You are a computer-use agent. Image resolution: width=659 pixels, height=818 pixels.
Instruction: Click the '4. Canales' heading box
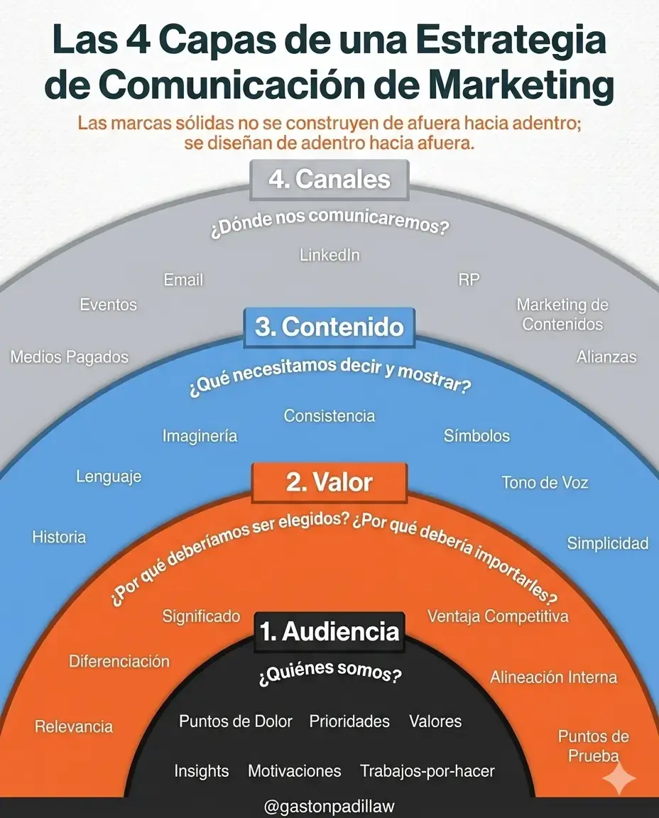click(329, 180)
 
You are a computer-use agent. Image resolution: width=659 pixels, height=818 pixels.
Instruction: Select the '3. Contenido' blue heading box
click(329, 327)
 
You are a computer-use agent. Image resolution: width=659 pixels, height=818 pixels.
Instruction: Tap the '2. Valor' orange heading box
click(329, 483)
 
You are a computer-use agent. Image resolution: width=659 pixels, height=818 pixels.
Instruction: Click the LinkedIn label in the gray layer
click(329, 255)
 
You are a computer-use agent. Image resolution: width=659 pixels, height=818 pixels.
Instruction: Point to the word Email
click(183, 280)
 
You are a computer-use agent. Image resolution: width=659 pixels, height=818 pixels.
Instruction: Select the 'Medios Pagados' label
click(70, 356)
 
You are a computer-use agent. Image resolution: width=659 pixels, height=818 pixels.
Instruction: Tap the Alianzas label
click(606, 356)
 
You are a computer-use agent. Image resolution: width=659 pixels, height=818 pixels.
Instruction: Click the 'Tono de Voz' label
click(545, 483)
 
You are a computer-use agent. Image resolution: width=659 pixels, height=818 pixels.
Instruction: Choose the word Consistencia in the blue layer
click(329, 415)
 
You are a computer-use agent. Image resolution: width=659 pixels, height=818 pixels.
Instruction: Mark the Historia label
click(59, 537)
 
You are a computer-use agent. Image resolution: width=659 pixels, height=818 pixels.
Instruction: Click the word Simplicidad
click(607, 543)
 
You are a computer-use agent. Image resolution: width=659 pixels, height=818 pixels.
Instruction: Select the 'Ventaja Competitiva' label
click(498, 616)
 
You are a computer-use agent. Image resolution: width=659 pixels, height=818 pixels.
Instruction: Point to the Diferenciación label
click(119, 661)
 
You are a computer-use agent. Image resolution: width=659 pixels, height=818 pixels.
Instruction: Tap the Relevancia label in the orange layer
click(74, 726)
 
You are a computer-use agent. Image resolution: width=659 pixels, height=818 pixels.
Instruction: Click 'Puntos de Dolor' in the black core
click(236, 721)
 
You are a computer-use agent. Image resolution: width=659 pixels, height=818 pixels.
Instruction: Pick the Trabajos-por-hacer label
click(427, 770)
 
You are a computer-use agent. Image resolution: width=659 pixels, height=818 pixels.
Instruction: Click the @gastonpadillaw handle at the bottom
click(329, 807)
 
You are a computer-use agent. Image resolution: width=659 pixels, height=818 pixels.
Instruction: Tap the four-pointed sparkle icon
click(618, 779)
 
